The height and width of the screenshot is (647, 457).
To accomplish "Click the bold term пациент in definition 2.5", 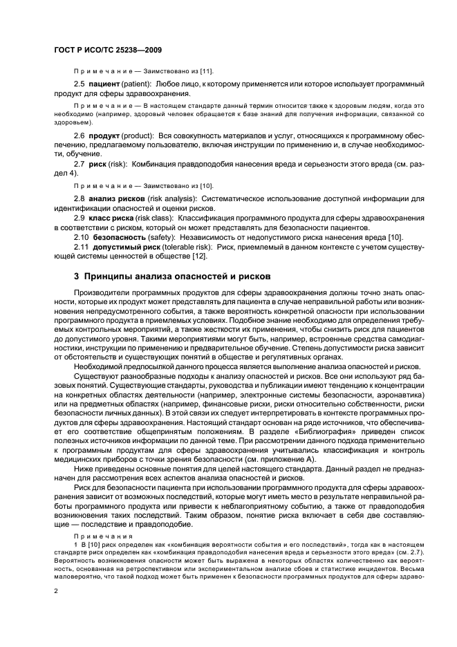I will [104, 84].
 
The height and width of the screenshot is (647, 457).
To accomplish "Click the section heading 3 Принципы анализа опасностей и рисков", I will [162, 276].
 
